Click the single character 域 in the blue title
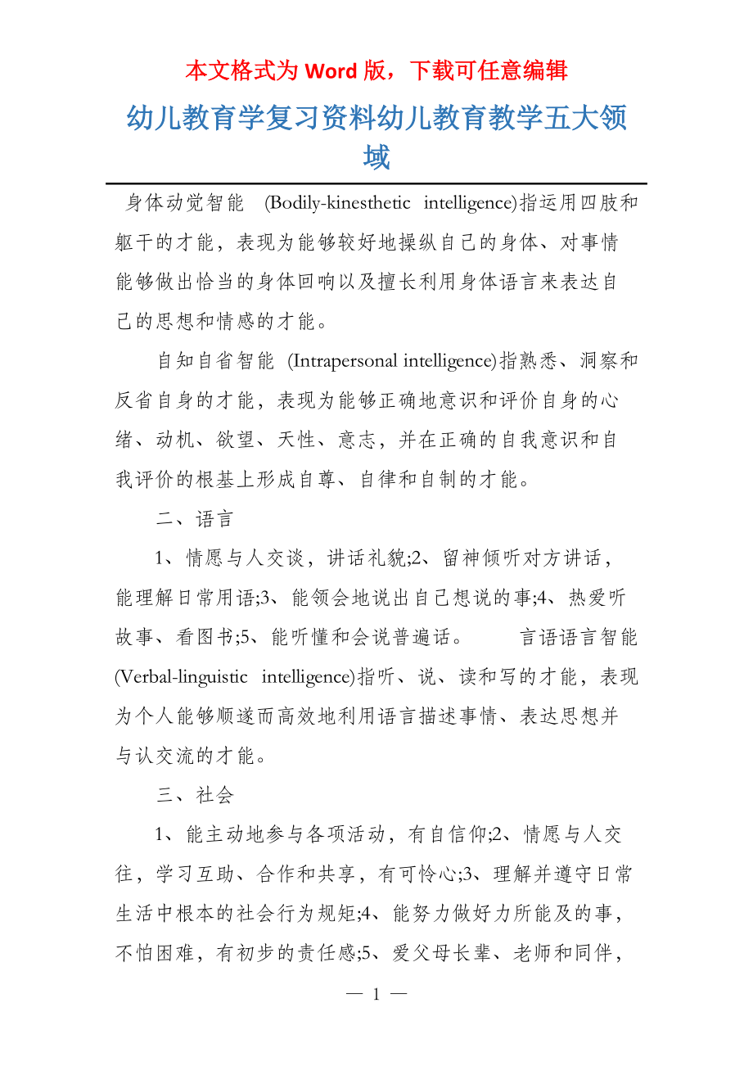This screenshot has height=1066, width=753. (x=376, y=156)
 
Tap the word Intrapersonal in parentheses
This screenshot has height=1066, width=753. (x=337, y=360)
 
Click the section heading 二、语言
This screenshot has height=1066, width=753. (x=195, y=518)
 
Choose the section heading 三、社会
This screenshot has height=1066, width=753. (x=195, y=794)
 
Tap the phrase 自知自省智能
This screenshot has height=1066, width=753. (x=214, y=360)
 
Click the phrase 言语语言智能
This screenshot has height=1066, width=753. (x=579, y=637)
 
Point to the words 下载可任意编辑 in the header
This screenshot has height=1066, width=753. (x=488, y=71)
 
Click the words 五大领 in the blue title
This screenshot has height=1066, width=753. (x=585, y=119)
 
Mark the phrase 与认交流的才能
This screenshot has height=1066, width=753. (x=195, y=755)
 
